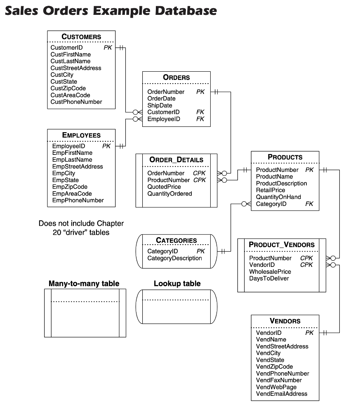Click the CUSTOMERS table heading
click(81, 37)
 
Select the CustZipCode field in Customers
click(68, 88)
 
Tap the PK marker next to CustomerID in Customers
click(108, 48)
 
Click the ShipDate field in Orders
click(160, 105)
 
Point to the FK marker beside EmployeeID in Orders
click(200, 119)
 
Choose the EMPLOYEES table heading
click(81, 135)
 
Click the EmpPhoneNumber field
click(78, 200)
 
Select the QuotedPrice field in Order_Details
click(164, 187)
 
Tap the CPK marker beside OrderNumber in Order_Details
click(199, 173)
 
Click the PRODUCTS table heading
click(285, 157)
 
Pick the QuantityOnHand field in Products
click(278, 197)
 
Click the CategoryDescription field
click(174, 258)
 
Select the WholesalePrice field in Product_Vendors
click(270, 271)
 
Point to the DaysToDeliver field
click(269, 278)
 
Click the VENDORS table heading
click(285, 321)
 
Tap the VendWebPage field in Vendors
click(276, 387)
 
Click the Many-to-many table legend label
click(84, 283)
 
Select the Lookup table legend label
click(177, 283)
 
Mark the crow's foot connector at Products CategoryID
click(246, 204)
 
